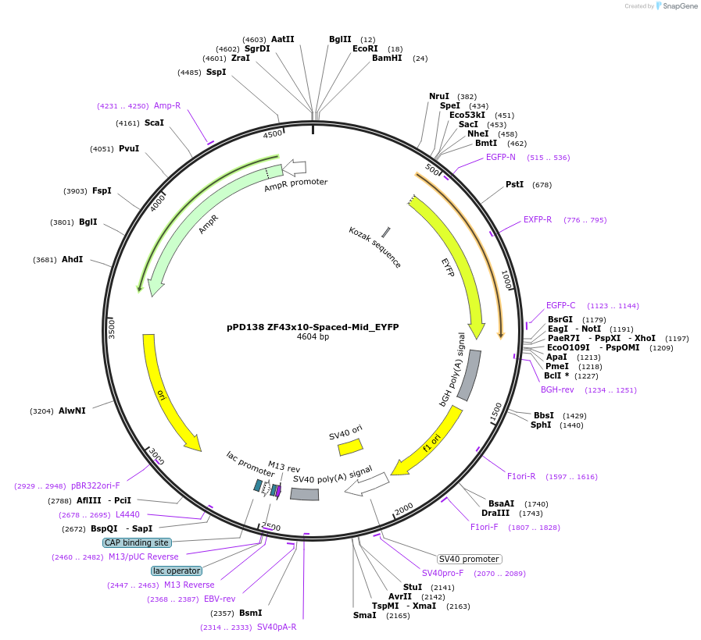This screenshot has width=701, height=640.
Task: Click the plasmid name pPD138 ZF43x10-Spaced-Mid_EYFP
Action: (x=313, y=327)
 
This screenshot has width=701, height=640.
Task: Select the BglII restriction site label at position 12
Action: (x=340, y=39)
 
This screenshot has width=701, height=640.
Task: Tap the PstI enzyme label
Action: (x=514, y=185)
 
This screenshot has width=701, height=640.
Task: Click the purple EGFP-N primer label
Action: (x=500, y=157)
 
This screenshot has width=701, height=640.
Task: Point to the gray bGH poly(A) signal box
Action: (x=469, y=375)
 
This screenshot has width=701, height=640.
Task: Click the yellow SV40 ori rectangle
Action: (x=350, y=447)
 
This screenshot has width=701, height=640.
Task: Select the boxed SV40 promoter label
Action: (x=469, y=559)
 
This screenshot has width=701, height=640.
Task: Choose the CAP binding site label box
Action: (x=136, y=542)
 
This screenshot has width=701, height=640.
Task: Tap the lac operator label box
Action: (x=177, y=571)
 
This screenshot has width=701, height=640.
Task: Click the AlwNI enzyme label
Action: (x=72, y=411)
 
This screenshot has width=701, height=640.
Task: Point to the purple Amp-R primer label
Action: (x=166, y=105)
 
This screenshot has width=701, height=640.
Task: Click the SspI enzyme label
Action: (x=216, y=72)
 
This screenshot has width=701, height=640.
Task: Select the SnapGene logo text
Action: (x=677, y=6)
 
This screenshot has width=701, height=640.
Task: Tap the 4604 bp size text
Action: (x=313, y=337)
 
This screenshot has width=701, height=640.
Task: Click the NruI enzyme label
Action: (x=438, y=96)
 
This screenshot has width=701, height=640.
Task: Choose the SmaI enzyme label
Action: (x=364, y=615)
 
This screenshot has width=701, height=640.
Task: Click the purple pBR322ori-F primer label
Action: (x=95, y=485)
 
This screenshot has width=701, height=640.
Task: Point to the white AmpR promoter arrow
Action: (x=295, y=166)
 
